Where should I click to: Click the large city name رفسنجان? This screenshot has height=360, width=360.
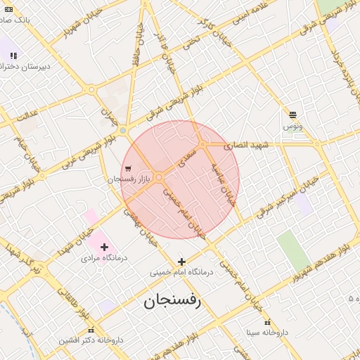click(172, 302)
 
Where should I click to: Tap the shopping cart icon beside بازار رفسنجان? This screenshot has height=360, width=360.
click(127, 169)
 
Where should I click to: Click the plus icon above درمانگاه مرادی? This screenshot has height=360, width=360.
click(105, 246)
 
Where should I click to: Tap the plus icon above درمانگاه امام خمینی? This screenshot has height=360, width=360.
click(181, 262)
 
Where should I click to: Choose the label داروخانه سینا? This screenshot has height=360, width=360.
click(267, 331)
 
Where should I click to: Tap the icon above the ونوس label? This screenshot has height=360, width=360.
click(292, 114)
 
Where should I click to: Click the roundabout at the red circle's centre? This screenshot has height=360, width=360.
click(160, 177)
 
